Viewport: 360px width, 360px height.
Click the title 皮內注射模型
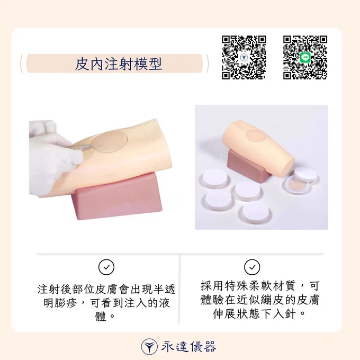119,64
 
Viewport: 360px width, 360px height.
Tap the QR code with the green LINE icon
305,57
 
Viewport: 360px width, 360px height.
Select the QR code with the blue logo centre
244,57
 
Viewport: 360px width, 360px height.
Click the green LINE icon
305,57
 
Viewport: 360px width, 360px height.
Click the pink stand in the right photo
248,165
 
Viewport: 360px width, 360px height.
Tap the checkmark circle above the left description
106,267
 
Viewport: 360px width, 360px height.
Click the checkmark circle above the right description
252,267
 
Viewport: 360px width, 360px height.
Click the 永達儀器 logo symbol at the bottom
149,346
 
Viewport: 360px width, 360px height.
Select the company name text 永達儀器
188,346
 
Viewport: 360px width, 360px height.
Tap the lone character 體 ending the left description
101,317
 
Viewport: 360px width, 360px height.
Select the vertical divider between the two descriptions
179,290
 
